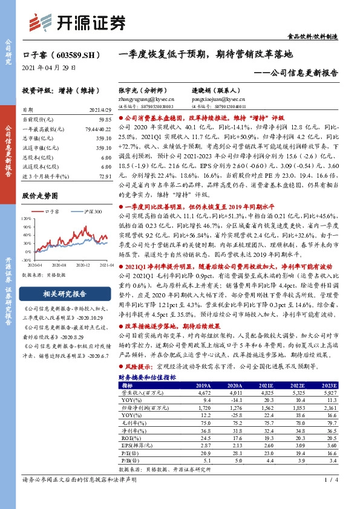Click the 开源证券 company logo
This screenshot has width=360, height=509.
click(77, 22)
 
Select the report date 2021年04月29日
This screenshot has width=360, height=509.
click(49, 67)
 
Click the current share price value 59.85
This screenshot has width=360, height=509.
click(104, 120)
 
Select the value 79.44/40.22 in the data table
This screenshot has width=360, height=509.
click(99, 129)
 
